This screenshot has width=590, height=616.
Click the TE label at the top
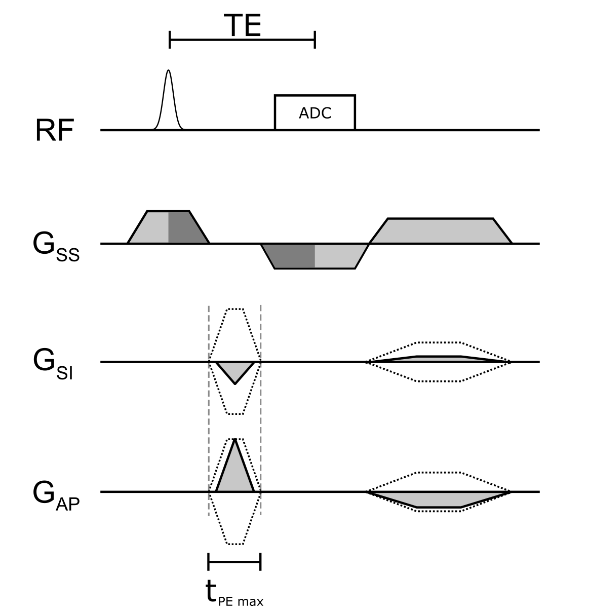pos(243,25)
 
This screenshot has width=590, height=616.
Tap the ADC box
pos(314,112)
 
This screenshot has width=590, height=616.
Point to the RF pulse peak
pos(169,71)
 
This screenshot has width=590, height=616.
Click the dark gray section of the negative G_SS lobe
pos(294,256)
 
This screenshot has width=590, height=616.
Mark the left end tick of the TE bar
pos(170,39)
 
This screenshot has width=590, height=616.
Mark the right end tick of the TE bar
pos(315,39)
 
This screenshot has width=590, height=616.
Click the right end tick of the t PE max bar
pos(260,561)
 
